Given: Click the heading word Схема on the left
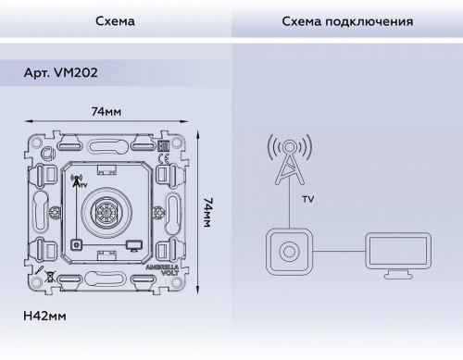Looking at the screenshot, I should [115, 19].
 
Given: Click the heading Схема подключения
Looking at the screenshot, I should [346, 19].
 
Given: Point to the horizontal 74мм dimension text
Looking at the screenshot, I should [106, 112].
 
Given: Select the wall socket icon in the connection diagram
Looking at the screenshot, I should [289, 251].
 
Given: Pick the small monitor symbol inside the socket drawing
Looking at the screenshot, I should [134, 245].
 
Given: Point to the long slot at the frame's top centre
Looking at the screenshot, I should [106, 144].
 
